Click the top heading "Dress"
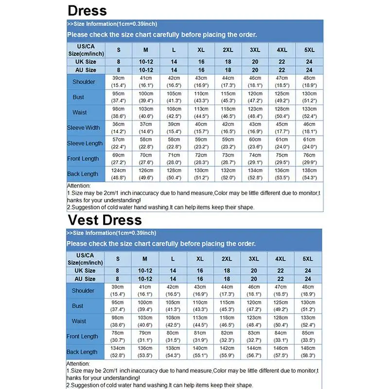tap(87, 10)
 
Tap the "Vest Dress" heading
tap(105, 220)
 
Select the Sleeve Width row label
tap(84, 128)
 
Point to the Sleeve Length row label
tap(85, 143)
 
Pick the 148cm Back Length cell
tap(308, 352)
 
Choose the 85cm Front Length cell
tap(308, 336)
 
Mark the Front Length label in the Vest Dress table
tap(83, 336)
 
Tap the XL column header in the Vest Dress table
tap(200, 259)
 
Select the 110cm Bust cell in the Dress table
tap(200, 97)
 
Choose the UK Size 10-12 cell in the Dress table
tap(146, 62)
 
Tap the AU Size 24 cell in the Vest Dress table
tap(308, 279)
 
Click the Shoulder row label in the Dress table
tap(84, 82)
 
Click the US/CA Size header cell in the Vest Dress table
tap(85, 259)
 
